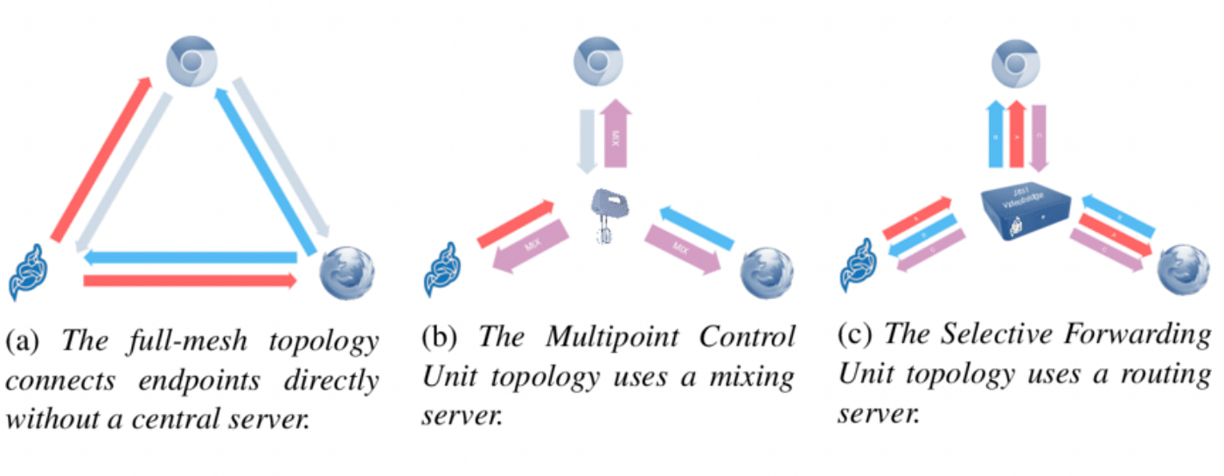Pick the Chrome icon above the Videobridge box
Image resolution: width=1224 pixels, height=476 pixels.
1016,66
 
